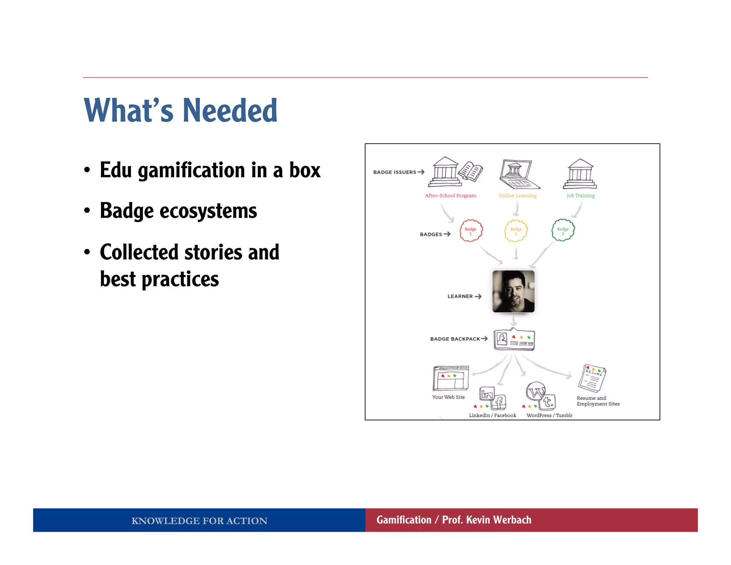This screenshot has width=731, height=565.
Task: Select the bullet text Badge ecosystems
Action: click(x=178, y=211)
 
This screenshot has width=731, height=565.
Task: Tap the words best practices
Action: click(x=159, y=279)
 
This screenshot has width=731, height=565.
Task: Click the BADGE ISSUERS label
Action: click(x=394, y=172)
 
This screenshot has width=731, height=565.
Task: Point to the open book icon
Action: click(x=470, y=172)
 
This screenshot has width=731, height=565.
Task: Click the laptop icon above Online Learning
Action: click(x=518, y=174)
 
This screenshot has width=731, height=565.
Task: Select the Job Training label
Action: click(x=580, y=196)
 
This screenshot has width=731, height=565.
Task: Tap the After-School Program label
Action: click(x=450, y=196)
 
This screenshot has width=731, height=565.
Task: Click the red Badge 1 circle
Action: click(x=470, y=230)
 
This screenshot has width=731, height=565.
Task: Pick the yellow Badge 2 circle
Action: click(x=516, y=230)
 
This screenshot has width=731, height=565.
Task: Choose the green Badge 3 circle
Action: click(x=563, y=230)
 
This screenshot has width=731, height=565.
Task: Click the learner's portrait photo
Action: click(x=513, y=291)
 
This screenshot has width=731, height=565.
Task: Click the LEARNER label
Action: click(x=460, y=296)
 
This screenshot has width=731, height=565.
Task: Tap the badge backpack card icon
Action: click(x=514, y=340)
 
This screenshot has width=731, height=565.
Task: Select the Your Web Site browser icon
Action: click(x=450, y=378)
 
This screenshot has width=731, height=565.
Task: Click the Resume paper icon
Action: click(x=592, y=378)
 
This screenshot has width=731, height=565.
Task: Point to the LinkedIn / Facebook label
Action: click(x=492, y=415)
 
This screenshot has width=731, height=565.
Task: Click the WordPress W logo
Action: click(x=535, y=392)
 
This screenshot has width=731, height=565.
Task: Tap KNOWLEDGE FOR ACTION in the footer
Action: click(x=199, y=521)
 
